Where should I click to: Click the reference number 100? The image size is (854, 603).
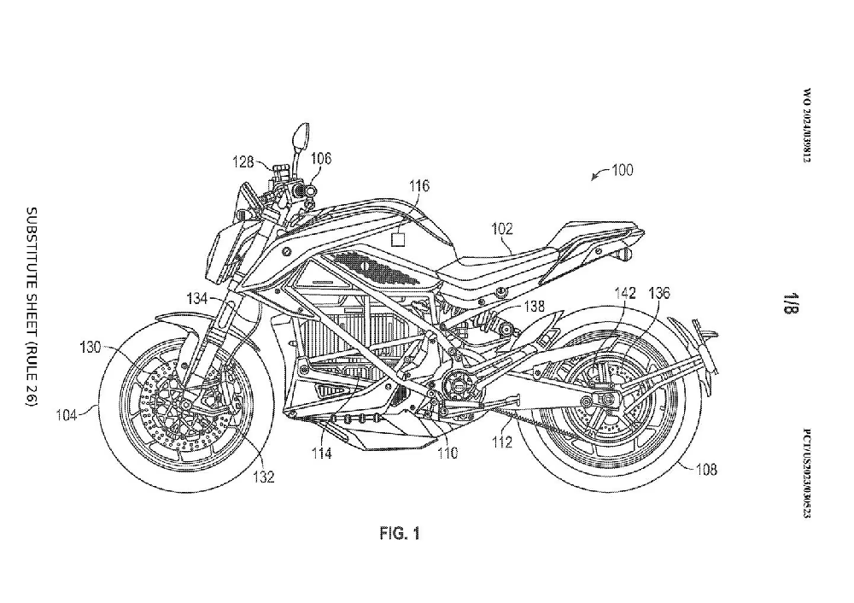(622, 170)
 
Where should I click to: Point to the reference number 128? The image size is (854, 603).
(246, 161)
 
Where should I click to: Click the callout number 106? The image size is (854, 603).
(321, 158)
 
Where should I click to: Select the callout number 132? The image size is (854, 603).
(266, 477)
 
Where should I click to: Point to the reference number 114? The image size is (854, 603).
(321, 453)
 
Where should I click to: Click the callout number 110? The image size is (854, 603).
(447, 453)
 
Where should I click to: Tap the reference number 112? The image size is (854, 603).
(501, 442)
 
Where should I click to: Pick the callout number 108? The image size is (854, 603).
(706, 469)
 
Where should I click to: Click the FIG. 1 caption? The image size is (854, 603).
(400, 535)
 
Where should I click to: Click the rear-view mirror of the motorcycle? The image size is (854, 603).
(300, 134)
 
